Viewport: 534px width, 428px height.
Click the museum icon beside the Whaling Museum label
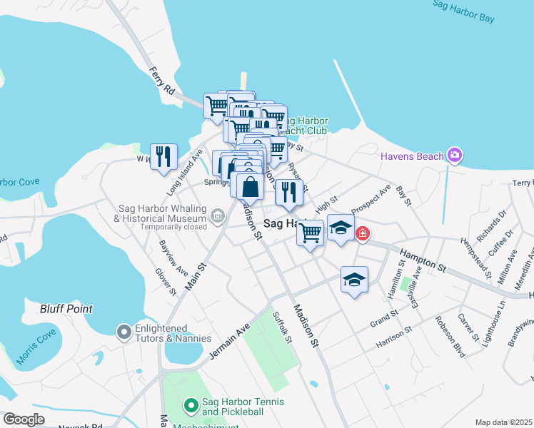pyautogui.click(x=216, y=226)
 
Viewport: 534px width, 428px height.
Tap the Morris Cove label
pyautogui.click(x=36, y=346)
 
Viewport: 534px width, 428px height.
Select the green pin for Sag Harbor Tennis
pyautogui.click(x=191, y=407)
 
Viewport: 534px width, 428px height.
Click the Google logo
pyautogui.click(x=23, y=419)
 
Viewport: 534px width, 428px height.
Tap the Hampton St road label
pyautogui.click(x=422, y=262)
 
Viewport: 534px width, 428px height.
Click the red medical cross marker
pyautogui.click(x=362, y=233)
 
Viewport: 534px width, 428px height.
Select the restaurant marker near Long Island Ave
pyautogui.click(x=163, y=157)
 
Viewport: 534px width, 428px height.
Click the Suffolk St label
pyautogui.click(x=283, y=326)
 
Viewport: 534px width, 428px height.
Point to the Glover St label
pyautogui.click(x=166, y=281)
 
